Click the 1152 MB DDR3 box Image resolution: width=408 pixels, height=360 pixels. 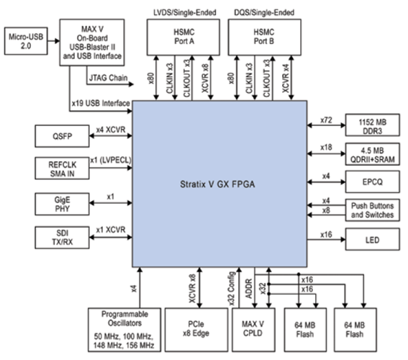(x=372, y=123)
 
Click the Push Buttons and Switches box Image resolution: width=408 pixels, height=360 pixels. (x=372, y=210)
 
